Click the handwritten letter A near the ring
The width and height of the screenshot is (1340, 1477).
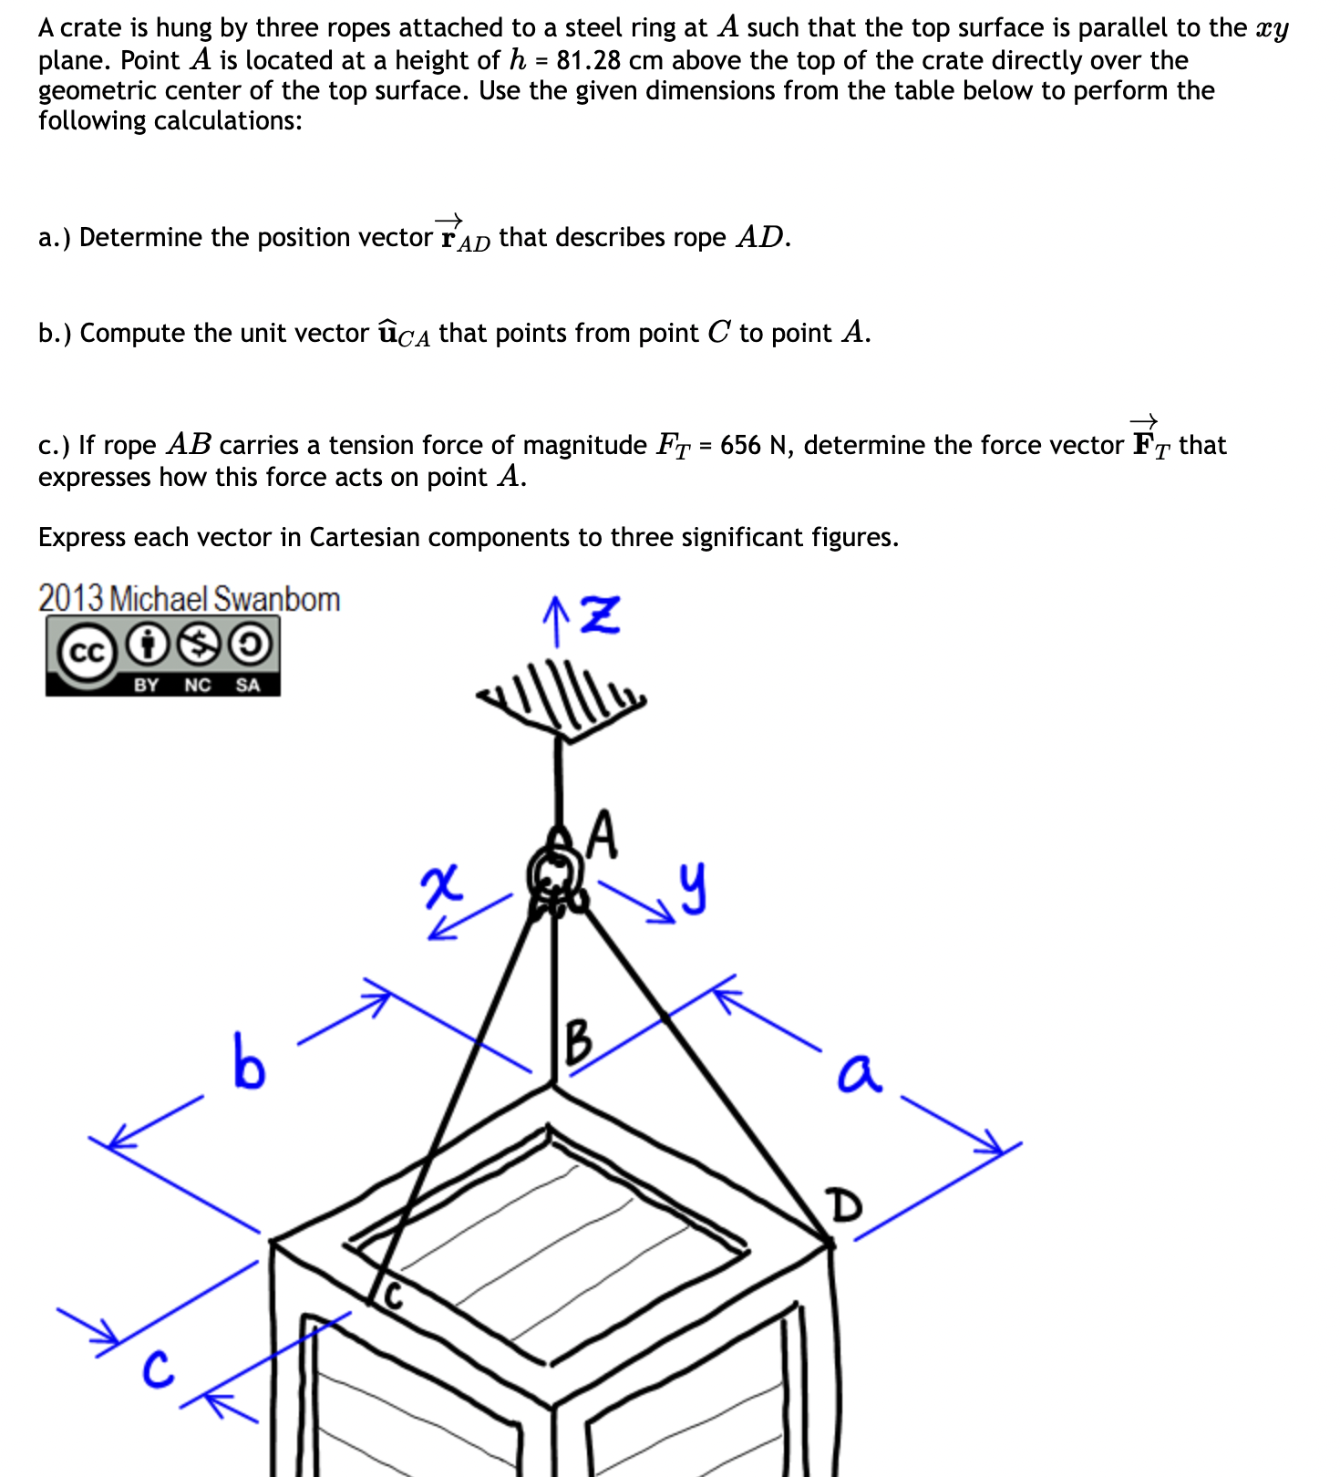pos(603,835)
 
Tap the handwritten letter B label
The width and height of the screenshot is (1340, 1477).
pos(579,1042)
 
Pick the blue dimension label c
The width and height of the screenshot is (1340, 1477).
pos(158,1369)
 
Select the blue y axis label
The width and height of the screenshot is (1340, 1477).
pos(693,888)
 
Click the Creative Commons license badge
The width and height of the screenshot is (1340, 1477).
pos(163,656)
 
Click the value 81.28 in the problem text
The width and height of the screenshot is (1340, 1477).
pos(589,61)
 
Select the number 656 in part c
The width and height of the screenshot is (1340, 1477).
pos(739,445)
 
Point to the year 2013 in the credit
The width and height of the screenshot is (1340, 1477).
pos(70,599)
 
